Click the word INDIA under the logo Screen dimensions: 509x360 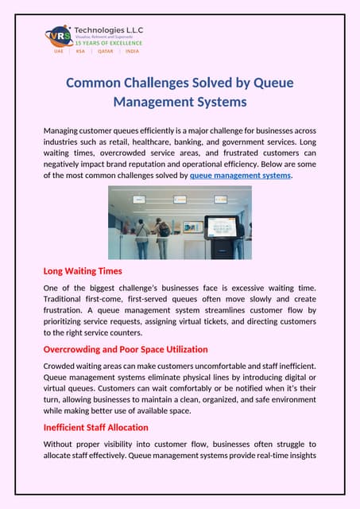132,50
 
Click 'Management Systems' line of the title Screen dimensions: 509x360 180,102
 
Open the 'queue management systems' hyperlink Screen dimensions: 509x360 240,175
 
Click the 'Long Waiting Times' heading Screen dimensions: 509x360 83,271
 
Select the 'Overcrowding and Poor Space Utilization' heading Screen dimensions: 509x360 126,349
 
